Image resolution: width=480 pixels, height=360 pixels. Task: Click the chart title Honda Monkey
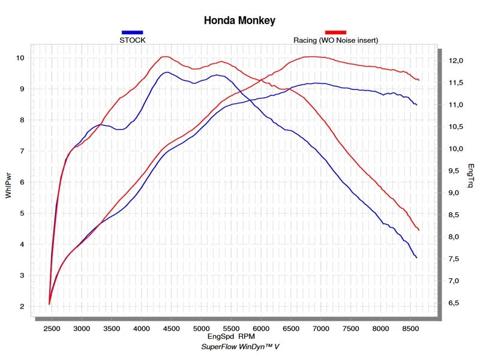[239, 21]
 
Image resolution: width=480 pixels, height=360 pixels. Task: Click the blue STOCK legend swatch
[132, 32]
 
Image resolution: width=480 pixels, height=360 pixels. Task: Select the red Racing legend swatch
[335, 32]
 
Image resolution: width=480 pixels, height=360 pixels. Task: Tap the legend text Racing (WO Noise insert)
[335, 40]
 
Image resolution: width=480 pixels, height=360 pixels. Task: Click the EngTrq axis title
[471, 178]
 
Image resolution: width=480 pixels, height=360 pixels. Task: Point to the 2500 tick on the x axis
[52, 329]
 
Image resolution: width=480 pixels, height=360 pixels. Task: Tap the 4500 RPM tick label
[171, 329]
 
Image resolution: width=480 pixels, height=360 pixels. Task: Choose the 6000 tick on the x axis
[261, 329]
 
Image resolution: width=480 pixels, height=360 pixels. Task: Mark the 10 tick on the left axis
[19, 58]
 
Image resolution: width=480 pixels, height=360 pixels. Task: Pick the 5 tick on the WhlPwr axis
[21, 214]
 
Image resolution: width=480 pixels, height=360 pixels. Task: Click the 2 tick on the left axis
[21, 307]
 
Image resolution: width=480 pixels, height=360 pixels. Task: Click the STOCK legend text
[133, 40]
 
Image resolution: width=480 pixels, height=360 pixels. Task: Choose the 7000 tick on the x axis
[321, 329]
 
